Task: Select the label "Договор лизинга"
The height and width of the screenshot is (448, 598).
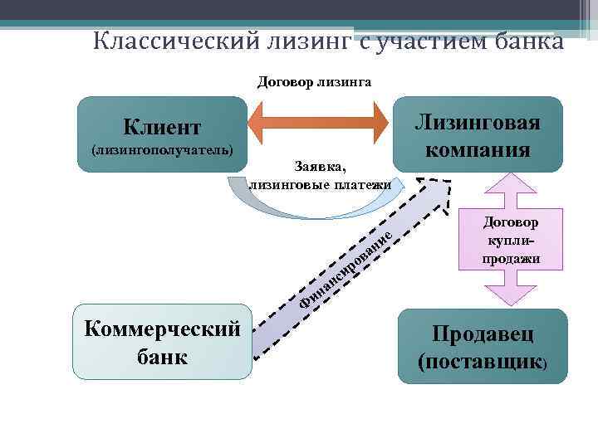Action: pyautogui.click(x=315, y=81)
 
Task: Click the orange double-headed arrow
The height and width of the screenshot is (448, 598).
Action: pyautogui.click(x=320, y=126)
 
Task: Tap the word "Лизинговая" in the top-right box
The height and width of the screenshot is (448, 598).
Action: pyautogui.click(x=478, y=123)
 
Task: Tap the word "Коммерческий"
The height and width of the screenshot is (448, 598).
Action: pyautogui.click(x=162, y=329)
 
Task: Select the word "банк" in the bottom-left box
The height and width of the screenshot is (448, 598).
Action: pyautogui.click(x=162, y=356)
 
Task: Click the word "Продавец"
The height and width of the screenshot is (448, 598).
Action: pyautogui.click(x=482, y=335)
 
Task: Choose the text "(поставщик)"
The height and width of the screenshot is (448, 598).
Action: pyautogui.click(x=482, y=363)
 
